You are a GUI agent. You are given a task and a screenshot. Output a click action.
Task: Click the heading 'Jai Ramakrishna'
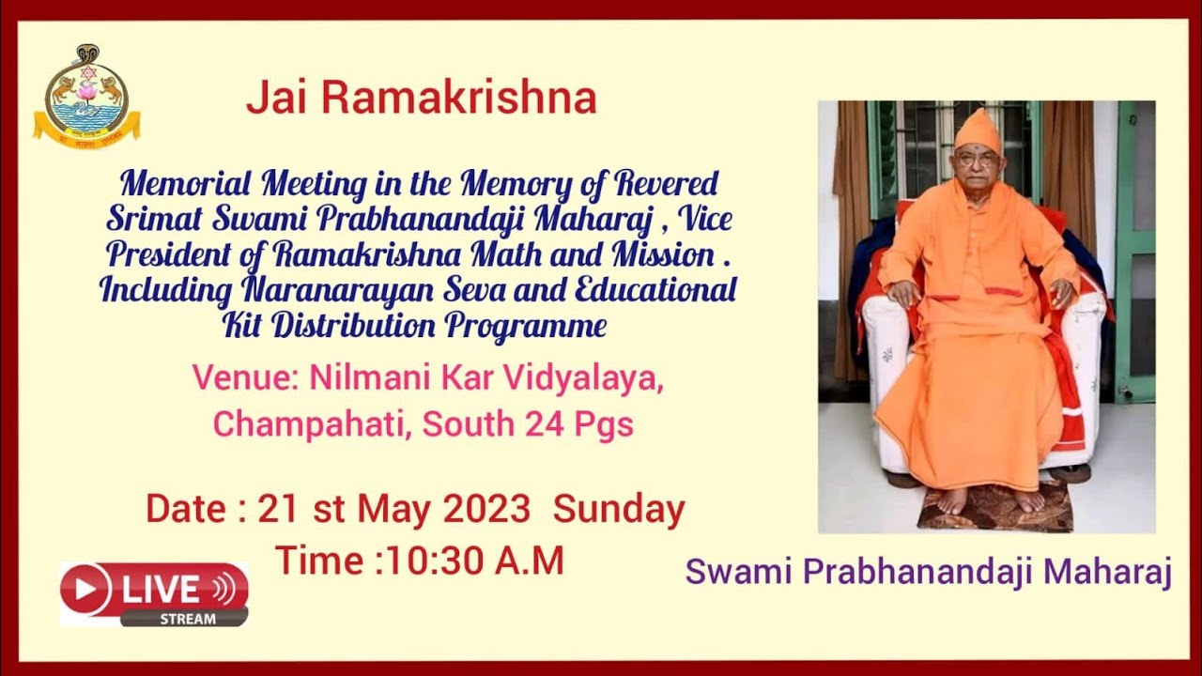421,99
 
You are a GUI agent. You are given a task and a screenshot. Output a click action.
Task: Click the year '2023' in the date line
486,509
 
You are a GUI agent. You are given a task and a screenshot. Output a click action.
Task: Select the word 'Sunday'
619,509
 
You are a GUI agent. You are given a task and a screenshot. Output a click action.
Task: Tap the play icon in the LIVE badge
86,589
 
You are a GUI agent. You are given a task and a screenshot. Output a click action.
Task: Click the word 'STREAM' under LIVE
187,619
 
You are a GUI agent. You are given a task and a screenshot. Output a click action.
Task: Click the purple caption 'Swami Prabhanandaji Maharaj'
928,571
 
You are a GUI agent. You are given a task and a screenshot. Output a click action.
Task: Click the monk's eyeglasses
977,159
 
